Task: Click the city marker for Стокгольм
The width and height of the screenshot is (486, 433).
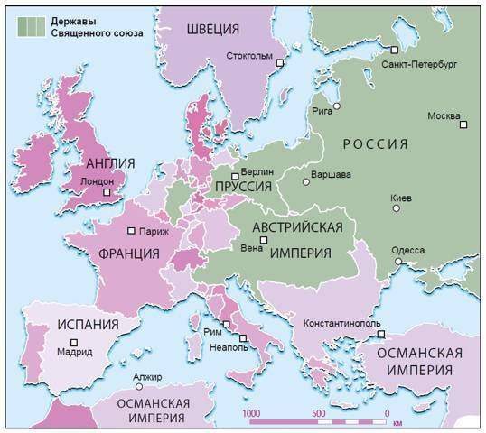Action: [280, 63]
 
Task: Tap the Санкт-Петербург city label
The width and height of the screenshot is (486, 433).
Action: [420, 65]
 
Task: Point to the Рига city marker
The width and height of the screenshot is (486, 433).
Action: [336, 106]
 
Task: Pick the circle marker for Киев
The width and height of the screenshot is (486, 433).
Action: [396, 208]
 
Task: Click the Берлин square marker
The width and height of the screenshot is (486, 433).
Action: [235, 176]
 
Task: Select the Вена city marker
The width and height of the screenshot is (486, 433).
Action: [264, 240]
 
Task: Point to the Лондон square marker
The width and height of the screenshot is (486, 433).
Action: [107, 192]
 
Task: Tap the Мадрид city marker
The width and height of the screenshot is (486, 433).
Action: [75, 341]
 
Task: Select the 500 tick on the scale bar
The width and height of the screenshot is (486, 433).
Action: [318, 413]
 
